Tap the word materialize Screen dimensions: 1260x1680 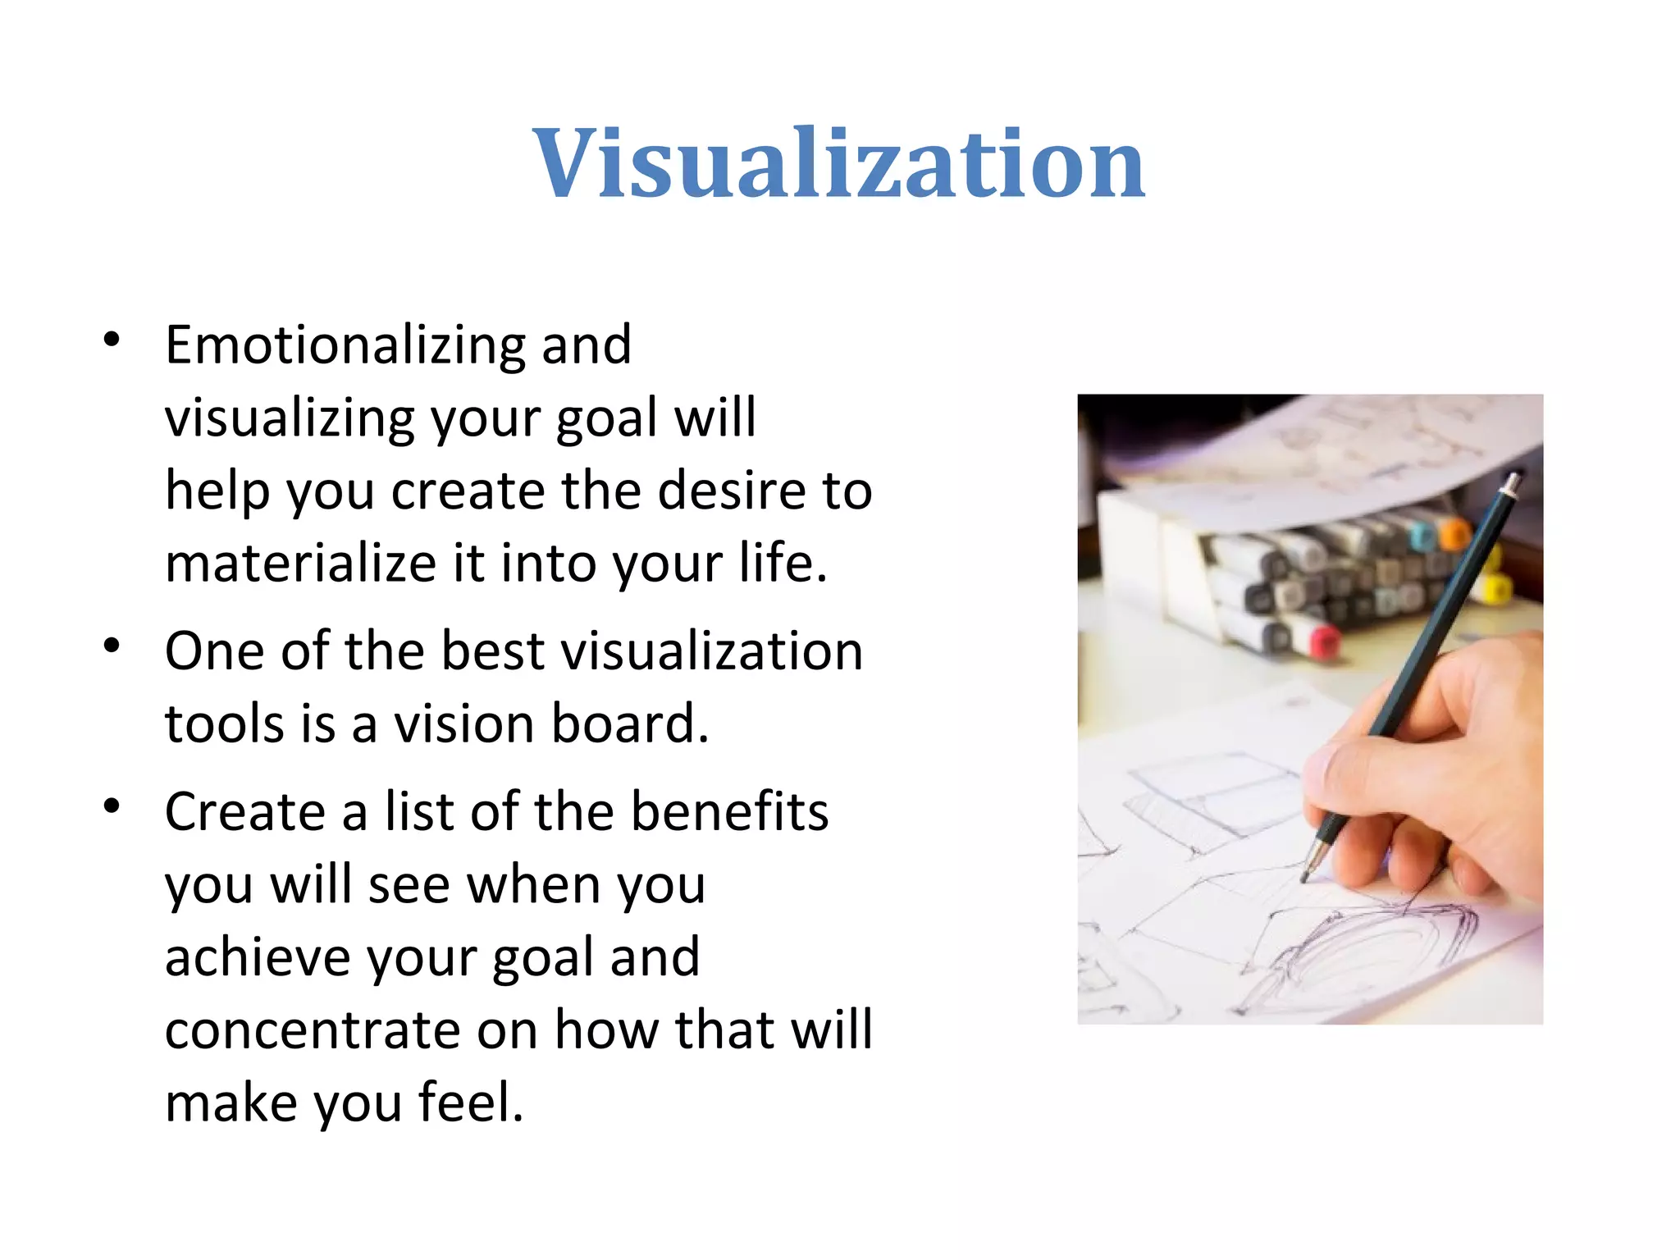coord(300,564)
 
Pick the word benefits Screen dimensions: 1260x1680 coord(729,811)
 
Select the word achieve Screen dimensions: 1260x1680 coord(257,957)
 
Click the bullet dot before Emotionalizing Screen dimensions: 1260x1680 coord(112,339)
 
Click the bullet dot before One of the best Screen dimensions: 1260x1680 coord(112,646)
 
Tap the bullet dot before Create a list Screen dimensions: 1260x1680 coord(112,806)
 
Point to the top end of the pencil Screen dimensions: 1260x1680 coord(1512,479)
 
